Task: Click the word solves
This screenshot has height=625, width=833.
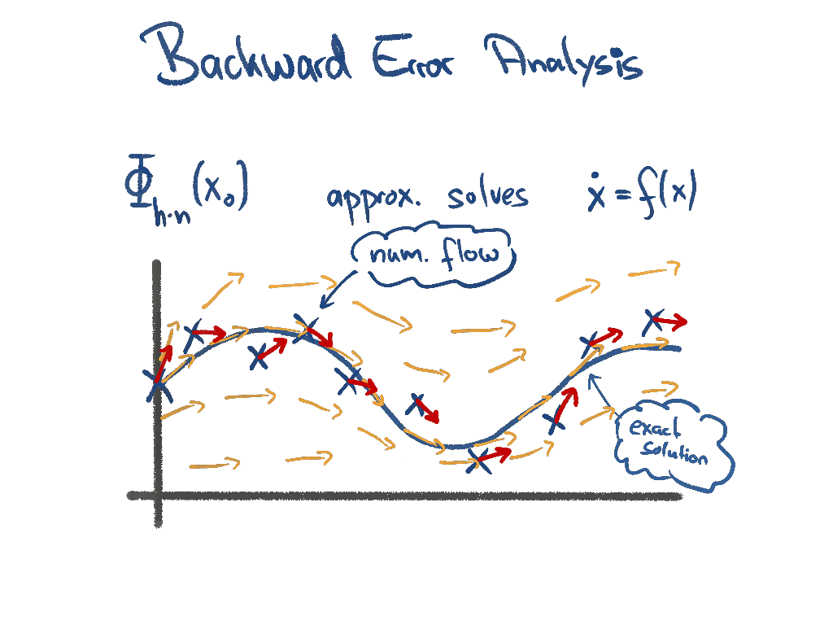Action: pyautogui.click(x=487, y=195)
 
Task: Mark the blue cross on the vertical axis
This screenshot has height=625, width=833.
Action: pyautogui.click(x=158, y=383)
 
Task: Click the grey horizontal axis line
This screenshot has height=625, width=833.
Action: pyautogui.click(x=407, y=495)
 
